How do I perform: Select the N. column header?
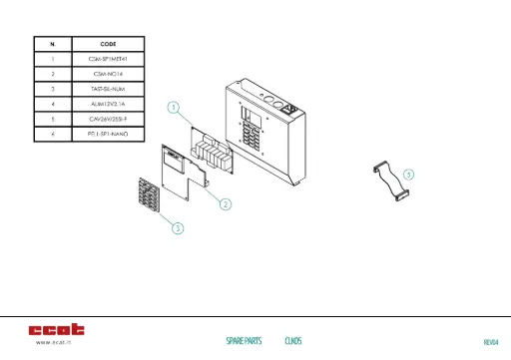52,44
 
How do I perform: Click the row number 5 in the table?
52,118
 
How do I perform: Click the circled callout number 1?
174,106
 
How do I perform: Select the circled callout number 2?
226,203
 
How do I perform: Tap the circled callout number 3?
178,228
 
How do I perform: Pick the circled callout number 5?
409,173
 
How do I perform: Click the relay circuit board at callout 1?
213,153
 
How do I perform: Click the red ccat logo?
56,328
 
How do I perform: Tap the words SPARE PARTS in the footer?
244,341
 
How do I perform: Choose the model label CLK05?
293,341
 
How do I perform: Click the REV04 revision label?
490,342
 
